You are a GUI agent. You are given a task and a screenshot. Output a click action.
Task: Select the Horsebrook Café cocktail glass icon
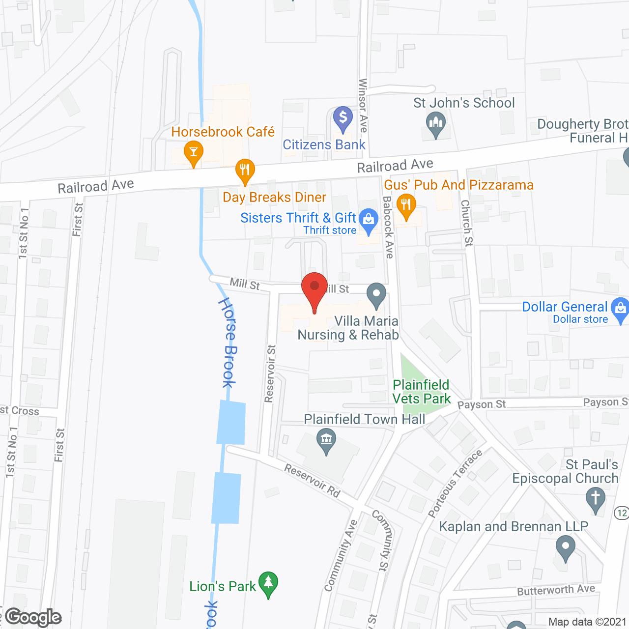click(x=194, y=153)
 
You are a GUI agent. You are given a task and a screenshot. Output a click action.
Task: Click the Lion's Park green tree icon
click(x=268, y=584)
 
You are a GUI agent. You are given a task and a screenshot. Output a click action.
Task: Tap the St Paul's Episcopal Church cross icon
click(x=596, y=499)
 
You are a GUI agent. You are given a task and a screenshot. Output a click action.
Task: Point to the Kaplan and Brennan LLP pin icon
click(x=566, y=547)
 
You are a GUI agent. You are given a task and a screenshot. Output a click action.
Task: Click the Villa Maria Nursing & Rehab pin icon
click(x=376, y=295)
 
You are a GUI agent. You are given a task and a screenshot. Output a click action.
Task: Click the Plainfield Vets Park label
click(x=422, y=392)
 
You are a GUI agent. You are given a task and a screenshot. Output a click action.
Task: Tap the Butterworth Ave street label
click(x=556, y=590)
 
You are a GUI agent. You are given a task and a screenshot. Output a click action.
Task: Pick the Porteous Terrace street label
click(x=455, y=485)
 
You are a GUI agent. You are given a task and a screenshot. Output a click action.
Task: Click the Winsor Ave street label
click(x=363, y=105)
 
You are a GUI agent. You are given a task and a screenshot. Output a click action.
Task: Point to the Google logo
click(x=33, y=617)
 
